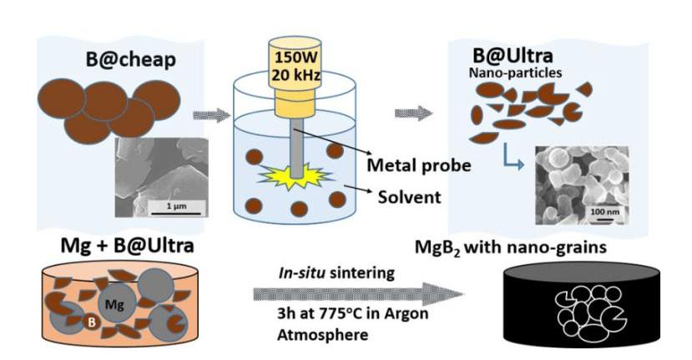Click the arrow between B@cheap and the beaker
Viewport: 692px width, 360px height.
210,114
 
